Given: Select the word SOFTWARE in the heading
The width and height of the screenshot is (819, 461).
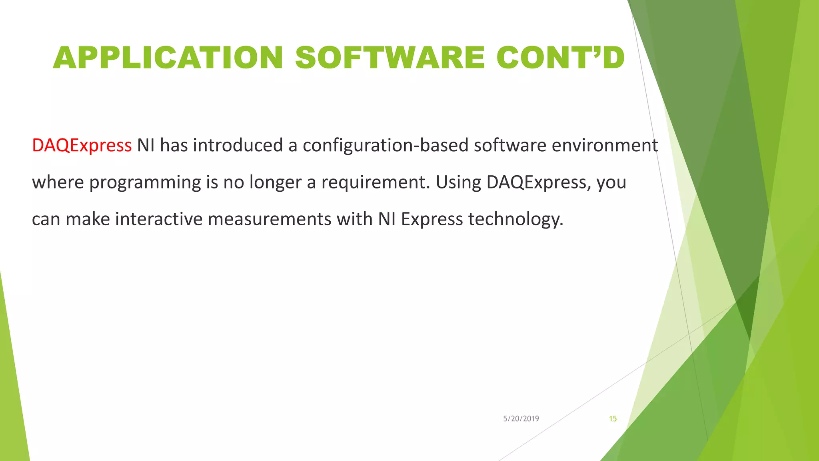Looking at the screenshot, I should [390, 58].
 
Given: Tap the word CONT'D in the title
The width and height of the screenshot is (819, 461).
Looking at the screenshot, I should [560, 58].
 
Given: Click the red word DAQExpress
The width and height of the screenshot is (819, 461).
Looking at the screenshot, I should [82, 145].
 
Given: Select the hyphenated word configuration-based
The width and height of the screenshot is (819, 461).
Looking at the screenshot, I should [386, 145].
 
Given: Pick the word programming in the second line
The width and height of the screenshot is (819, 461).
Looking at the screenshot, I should [145, 182].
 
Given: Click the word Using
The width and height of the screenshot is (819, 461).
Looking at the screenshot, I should [458, 182].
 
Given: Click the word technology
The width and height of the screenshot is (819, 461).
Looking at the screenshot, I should [515, 219].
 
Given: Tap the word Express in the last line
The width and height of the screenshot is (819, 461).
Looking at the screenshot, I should [432, 219].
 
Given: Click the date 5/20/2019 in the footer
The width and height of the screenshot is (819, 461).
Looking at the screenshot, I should [521, 419].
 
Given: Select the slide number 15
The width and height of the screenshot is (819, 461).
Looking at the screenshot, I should [613, 419].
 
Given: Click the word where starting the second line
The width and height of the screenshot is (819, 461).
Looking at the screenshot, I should [58, 182].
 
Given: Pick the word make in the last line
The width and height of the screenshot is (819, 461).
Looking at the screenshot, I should [88, 219].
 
